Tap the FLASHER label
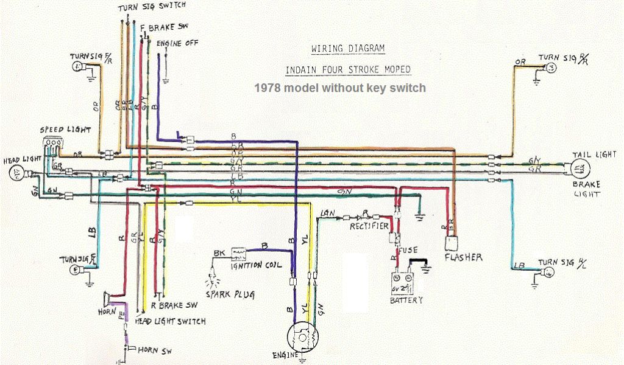[463, 257]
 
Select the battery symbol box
[403, 284]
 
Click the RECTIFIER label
[369, 227]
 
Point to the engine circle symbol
[302, 338]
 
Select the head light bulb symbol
[15, 175]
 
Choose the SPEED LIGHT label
[65, 130]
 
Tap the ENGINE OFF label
[177, 44]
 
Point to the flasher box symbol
[451, 242]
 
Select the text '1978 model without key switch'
[340, 88]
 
